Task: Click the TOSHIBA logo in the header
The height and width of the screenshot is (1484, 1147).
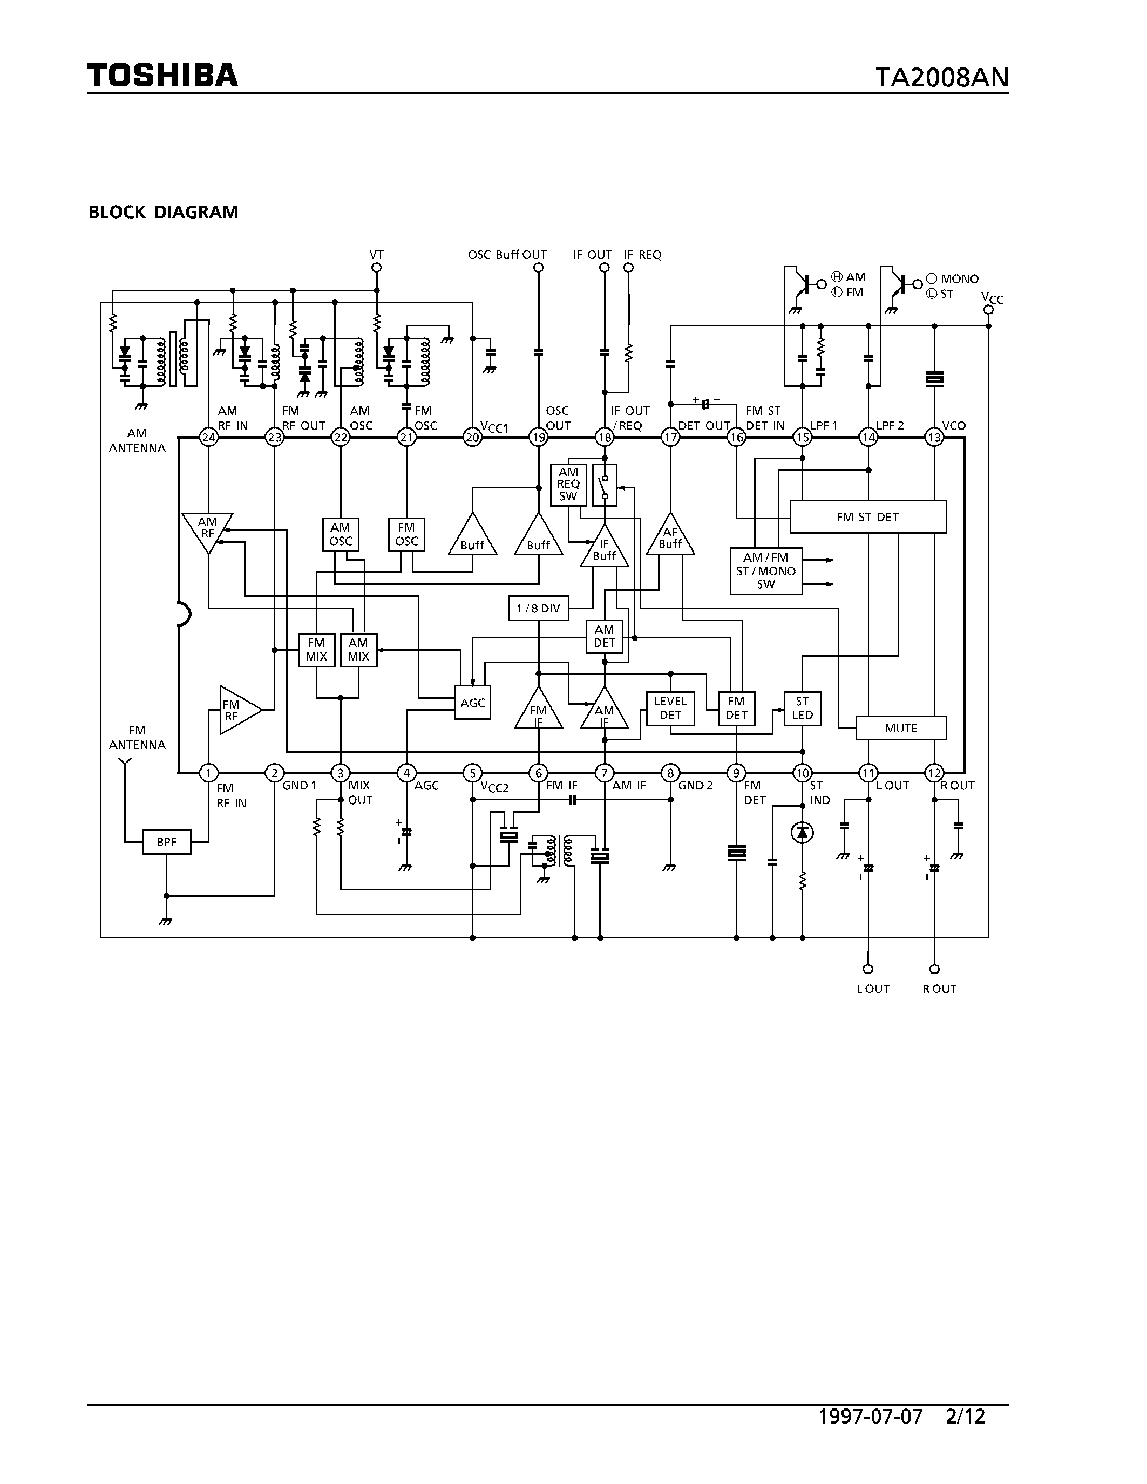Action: [162, 75]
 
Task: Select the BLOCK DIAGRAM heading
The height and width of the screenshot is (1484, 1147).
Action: [164, 212]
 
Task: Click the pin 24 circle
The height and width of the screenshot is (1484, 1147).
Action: [208, 438]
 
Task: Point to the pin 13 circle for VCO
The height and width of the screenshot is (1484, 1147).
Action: [934, 438]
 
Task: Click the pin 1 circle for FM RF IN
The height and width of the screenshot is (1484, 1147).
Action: [208, 773]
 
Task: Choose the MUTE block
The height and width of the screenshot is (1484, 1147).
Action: [901, 729]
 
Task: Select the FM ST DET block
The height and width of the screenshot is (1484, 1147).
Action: [868, 516]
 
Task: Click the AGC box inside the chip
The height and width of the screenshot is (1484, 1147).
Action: [472, 703]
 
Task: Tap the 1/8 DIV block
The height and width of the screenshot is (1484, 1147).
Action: [538, 608]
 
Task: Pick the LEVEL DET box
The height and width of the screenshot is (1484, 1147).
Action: [670, 708]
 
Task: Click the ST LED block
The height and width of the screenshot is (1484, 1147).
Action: [803, 708]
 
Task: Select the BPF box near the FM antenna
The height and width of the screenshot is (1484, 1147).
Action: [166, 842]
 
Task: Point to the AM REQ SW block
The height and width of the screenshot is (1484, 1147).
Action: [568, 485]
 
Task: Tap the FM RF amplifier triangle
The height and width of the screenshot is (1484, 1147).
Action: [236, 710]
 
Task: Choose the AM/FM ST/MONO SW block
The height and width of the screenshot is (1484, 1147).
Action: [766, 571]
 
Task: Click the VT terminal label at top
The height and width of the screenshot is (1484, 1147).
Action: [376, 255]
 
